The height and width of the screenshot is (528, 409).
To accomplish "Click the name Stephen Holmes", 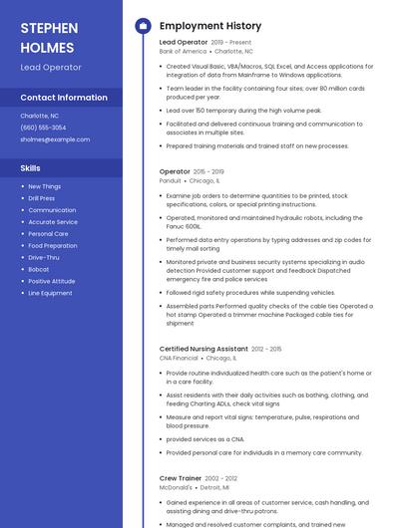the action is tap(47, 37).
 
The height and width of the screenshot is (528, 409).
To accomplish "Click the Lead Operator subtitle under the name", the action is tap(51, 68).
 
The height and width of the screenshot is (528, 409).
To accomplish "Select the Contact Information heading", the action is tap(64, 98).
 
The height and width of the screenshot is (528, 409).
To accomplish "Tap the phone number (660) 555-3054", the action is tap(43, 128).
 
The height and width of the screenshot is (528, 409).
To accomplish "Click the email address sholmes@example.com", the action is tap(55, 139).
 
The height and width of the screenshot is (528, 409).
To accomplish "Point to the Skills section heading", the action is tap(31, 168).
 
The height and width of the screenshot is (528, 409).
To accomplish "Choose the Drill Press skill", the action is tap(42, 198).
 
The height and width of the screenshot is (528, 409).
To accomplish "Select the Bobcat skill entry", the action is tap(39, 269).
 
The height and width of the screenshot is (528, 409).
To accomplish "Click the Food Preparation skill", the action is tap(53, 245).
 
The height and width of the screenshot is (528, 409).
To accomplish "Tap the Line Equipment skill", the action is tap(50, 293).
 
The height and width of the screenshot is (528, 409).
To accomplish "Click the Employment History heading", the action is tap(210, 26).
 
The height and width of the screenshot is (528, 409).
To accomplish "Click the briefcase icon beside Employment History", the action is tap(143, 26).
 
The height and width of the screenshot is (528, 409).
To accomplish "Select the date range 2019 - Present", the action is tap(231, 43).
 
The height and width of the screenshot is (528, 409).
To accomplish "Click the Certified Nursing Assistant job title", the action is tap(204, 349).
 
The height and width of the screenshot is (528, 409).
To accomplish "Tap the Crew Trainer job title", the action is tap(182, 478).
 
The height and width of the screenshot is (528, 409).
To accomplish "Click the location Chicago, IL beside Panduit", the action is tap(204, 180).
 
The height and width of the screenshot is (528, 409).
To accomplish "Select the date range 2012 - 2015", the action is tap(266, 349).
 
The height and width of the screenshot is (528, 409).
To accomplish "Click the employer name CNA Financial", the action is tap(179, 358).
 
